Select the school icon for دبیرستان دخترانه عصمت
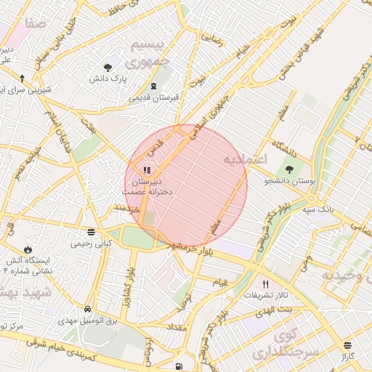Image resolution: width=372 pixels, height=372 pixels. tap(137, 170)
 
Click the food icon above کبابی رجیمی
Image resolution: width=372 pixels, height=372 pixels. tap(91, 232)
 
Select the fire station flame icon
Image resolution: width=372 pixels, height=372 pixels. tap(28, 248)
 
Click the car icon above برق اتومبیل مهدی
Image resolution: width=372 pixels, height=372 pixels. tap(88, 309)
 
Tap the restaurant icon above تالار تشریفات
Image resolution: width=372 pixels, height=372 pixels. tap(265, 283)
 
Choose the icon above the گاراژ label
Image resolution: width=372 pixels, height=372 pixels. tap(348, 345)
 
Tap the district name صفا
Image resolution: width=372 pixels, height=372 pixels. tap(35, 23)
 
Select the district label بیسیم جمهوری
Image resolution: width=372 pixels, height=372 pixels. tap(153, 53)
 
